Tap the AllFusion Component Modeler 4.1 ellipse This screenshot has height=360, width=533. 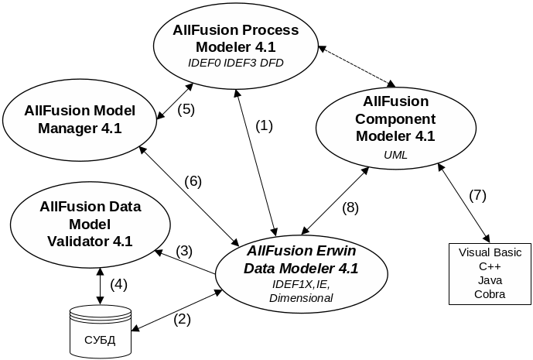(x=395, y=127)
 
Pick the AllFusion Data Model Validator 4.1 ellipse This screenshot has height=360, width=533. (x=90, y=224)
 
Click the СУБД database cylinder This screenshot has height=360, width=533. (x=100, y=332)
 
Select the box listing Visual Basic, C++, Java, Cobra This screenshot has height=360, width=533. (x=490, y=273)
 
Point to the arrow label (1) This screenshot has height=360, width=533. (x=265, y=125)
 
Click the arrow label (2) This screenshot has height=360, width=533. (x=181, y=317)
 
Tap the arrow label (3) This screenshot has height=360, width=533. (x=183, y=251)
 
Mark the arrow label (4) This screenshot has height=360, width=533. (x=118, y=284)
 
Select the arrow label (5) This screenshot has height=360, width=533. (x=186, y=109)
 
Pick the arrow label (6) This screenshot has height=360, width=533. (x=193, y=181)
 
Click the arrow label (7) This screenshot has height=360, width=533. (x=478, y=195)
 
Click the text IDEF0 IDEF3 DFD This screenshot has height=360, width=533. (x=236, y=62)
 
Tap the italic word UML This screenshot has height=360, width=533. (x=395, y=155)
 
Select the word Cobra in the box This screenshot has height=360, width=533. (x=490, y=294)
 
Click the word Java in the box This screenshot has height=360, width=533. (x=490, y=280)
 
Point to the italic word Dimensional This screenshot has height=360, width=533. (x=301, y=298)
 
